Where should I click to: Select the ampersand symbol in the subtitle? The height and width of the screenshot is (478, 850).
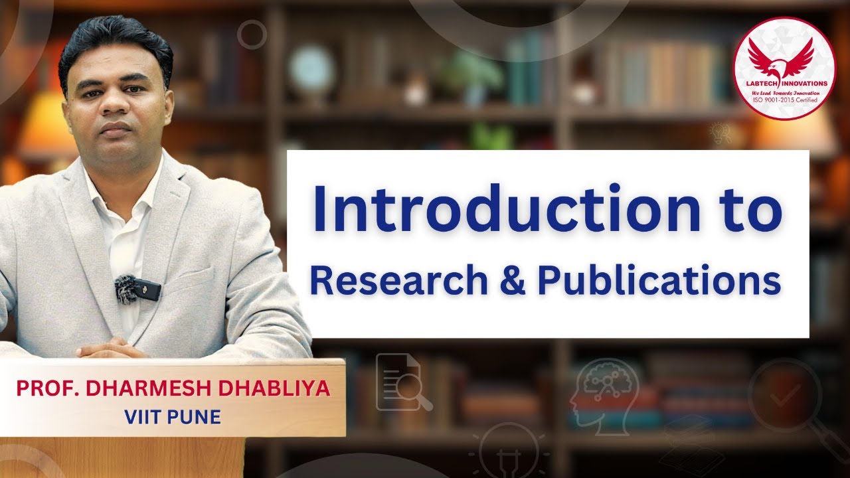tap(512, 281)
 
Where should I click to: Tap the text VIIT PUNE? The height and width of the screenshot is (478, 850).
tap(171, 417)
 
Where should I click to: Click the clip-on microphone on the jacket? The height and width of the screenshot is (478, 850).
tap(137, 289)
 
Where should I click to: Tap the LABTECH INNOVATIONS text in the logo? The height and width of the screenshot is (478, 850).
tap(784, 84)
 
